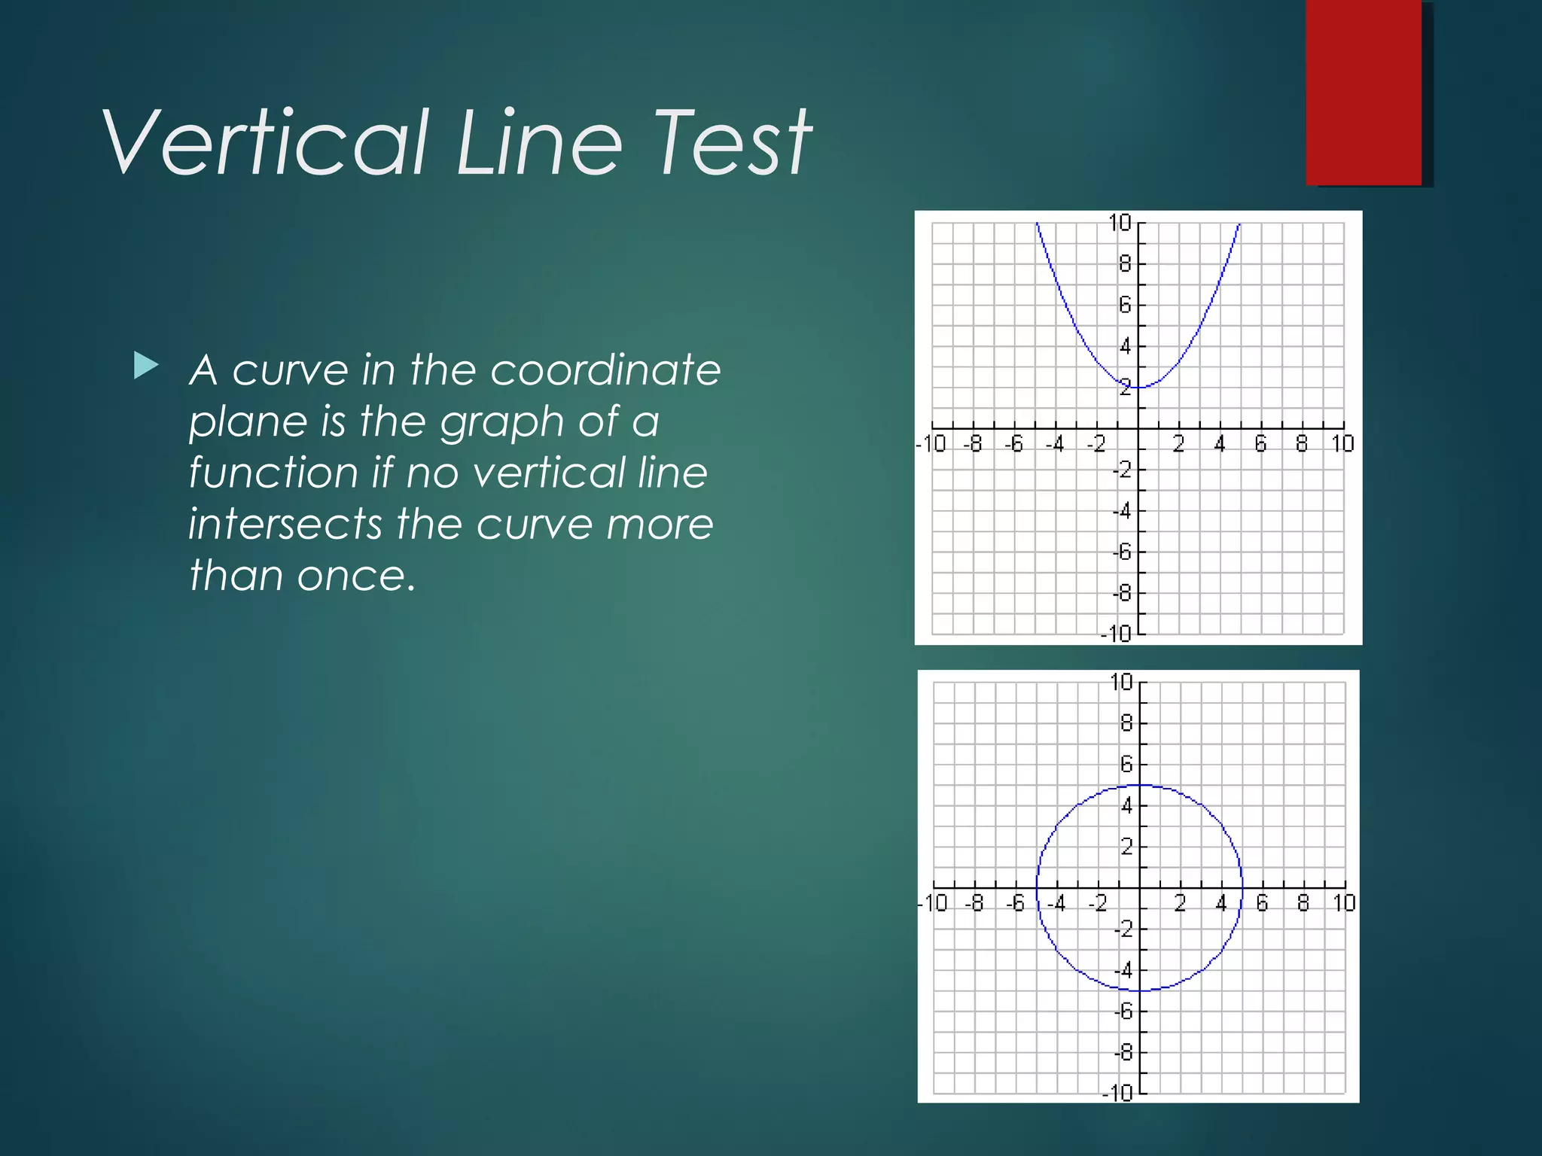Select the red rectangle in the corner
pos(1364,92)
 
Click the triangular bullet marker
pos(145,366)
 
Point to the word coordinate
pos(605,370)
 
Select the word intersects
pos(285,524)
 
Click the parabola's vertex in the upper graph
pos(1138,387)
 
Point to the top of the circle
pos(1140,786)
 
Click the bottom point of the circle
pos(1140,990)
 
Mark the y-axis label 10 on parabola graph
pos(1120,223)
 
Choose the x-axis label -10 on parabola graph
pos(931,444)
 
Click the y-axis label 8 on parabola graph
pos(1125,264)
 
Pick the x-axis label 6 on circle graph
pos(1262,902)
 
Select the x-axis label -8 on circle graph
pos(974,902)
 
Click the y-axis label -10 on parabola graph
pos(1116,634)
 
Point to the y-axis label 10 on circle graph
pos(1121,682)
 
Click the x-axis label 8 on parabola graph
pos(1302,444)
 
